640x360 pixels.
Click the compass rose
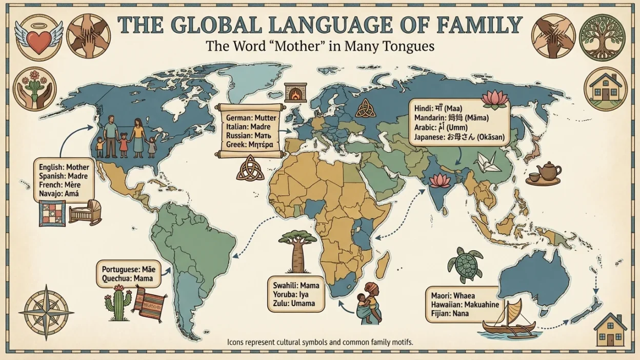coord(46,312)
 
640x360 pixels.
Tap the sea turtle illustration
coord(465,265)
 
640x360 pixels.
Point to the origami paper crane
coord(486,163)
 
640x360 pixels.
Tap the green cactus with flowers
coord(118,305)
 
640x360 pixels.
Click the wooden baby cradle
coord(85,212)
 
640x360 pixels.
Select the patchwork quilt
coord(52,212)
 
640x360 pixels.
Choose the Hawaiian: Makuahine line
coord(465,305)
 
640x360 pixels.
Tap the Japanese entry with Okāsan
coord(459,137)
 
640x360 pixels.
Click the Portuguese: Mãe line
coord(128,269)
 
